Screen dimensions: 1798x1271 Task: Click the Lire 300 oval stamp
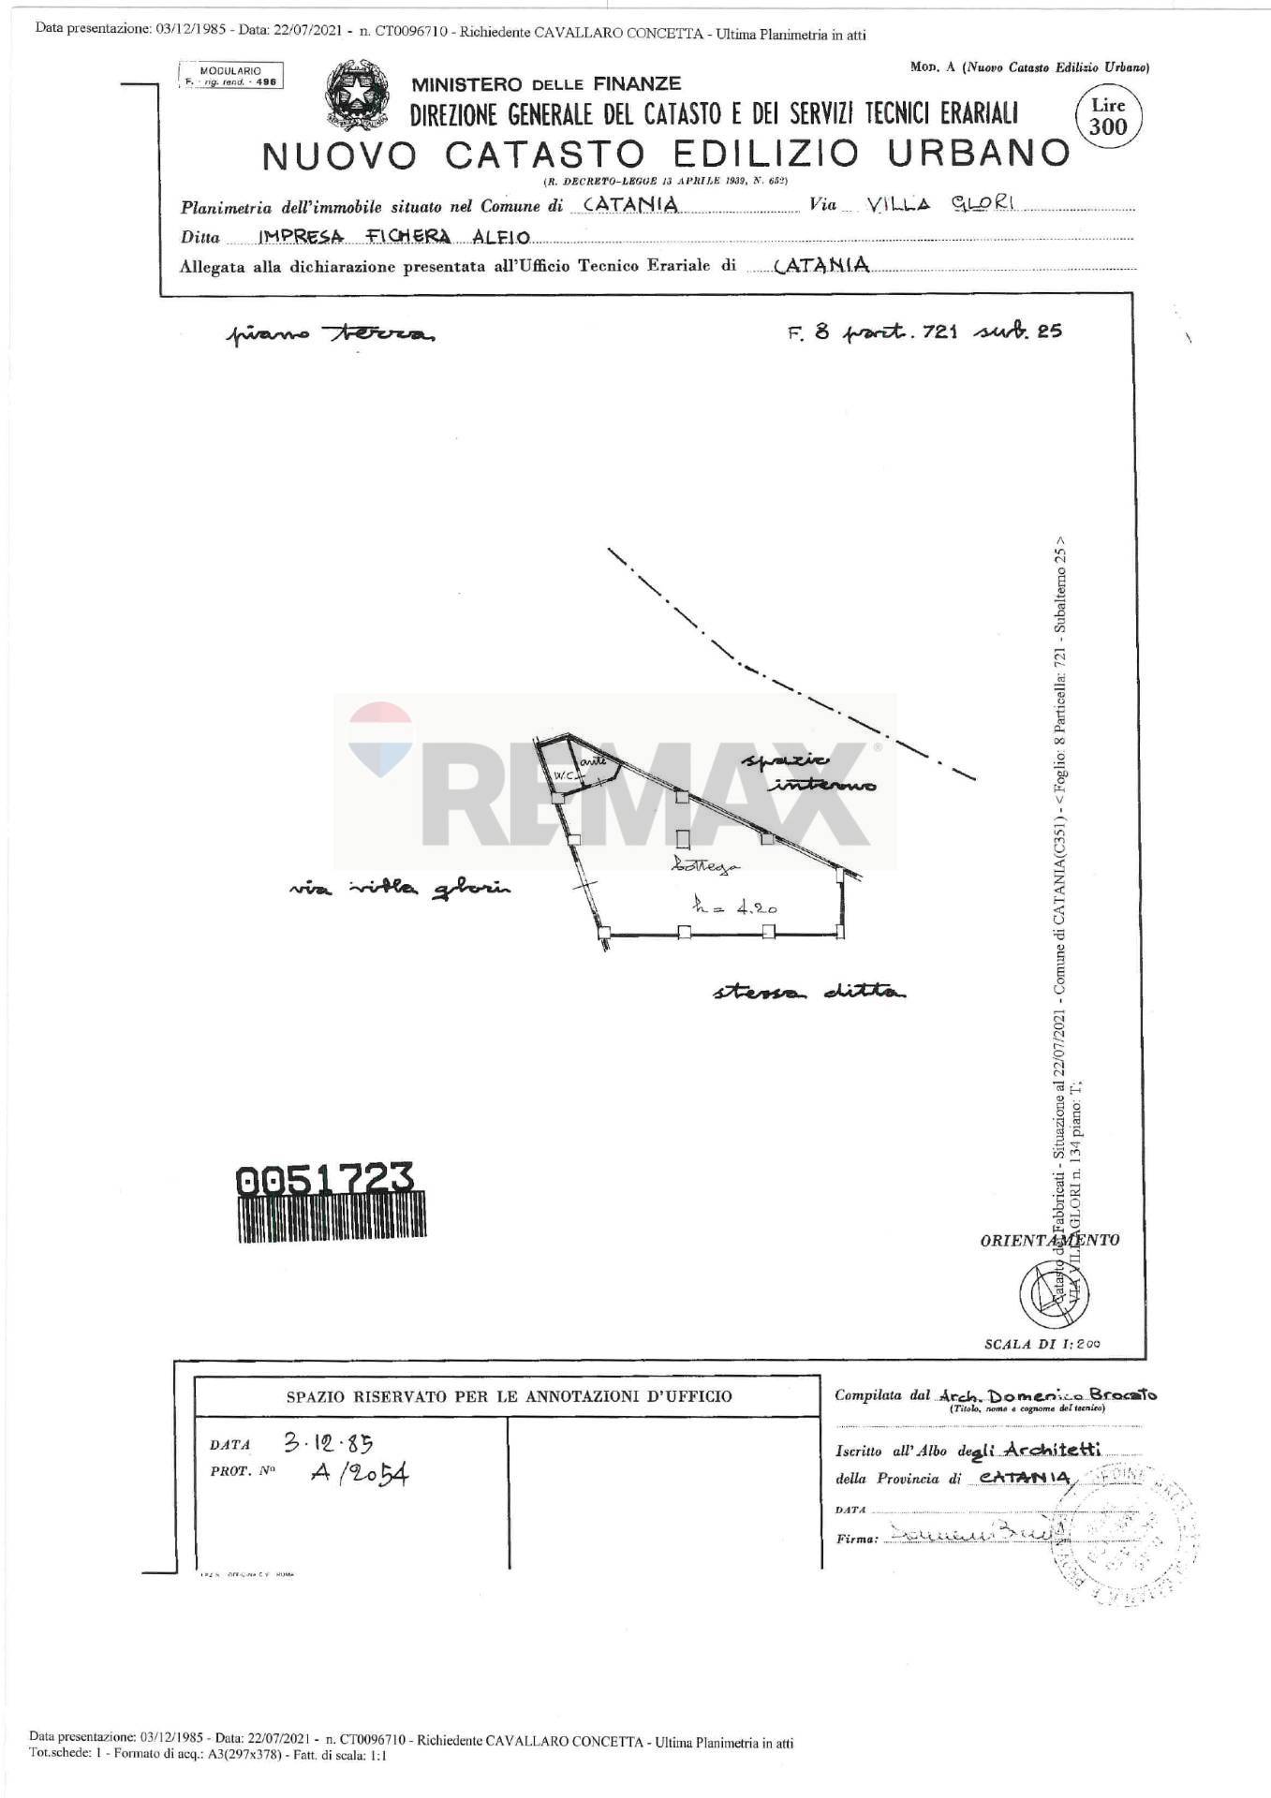pyautogui.click(x=1108, y=117)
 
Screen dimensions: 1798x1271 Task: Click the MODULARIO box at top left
pyautogui.click(x=230, y=76)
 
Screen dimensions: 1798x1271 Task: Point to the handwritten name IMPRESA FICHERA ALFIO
pyautogui.click(x=393, y=237)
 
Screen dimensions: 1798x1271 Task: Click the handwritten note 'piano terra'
pyautogui.click(x=329, y=334)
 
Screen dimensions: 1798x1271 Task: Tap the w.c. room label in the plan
pyautogui.click(x=563, y=776)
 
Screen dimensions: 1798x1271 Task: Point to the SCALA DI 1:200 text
pyautogui.click(x=1042, y=1344)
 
